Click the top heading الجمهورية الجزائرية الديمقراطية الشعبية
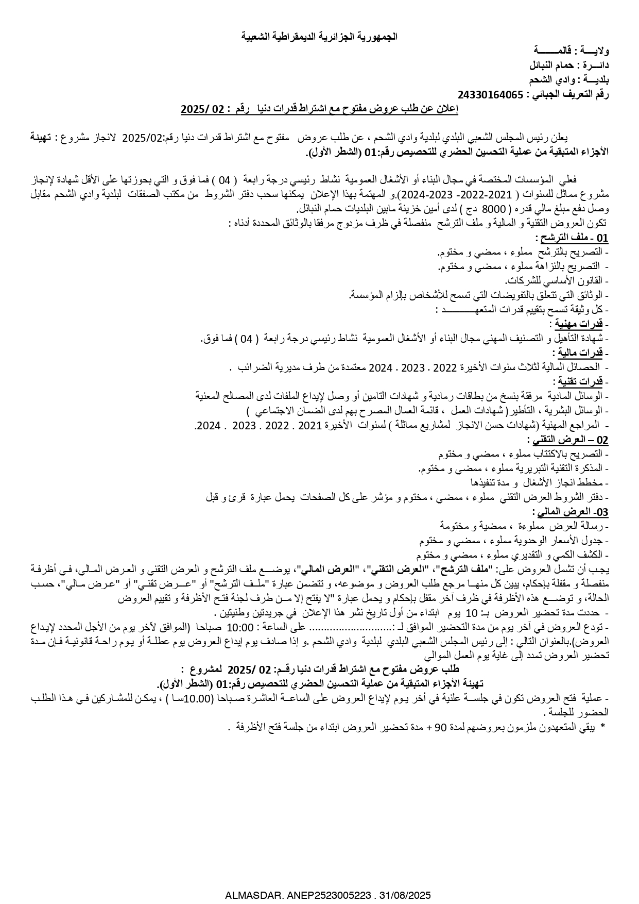click(x=319, y=37)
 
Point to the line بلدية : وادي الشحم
click(x=569, y=80)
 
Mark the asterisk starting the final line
click(x=602, y=726)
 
